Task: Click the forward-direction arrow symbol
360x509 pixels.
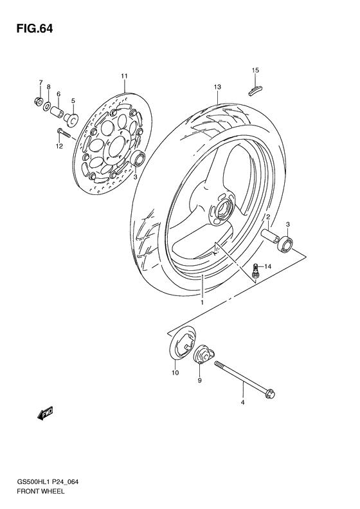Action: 46,414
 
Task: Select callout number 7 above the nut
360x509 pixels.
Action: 40,83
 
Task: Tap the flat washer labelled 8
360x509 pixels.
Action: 49,106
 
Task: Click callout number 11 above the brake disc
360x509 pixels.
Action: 124,77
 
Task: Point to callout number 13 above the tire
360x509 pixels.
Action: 218,86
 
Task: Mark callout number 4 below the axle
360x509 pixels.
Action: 242,403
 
